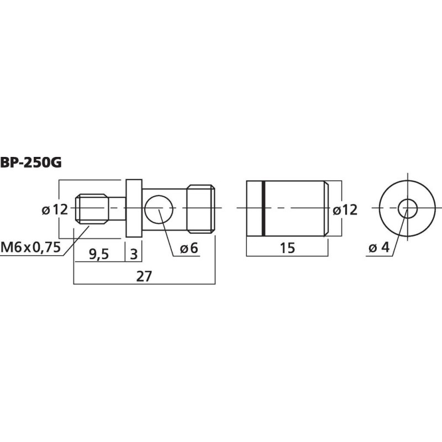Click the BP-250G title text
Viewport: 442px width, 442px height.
click(31, 162)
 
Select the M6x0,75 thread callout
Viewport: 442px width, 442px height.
click(31, 247)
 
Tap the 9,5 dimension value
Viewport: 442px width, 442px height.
click(99, 255)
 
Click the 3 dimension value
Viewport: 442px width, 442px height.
click(134, 254)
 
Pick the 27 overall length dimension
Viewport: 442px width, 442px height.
click(144, 276)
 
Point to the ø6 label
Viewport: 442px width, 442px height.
click(189, 248)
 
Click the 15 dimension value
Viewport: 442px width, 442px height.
click(287, 248)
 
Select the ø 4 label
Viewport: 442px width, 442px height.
click(379, 248)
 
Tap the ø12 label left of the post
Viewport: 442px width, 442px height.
click(55, 210)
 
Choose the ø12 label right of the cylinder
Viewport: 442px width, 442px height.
click(345, 210)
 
